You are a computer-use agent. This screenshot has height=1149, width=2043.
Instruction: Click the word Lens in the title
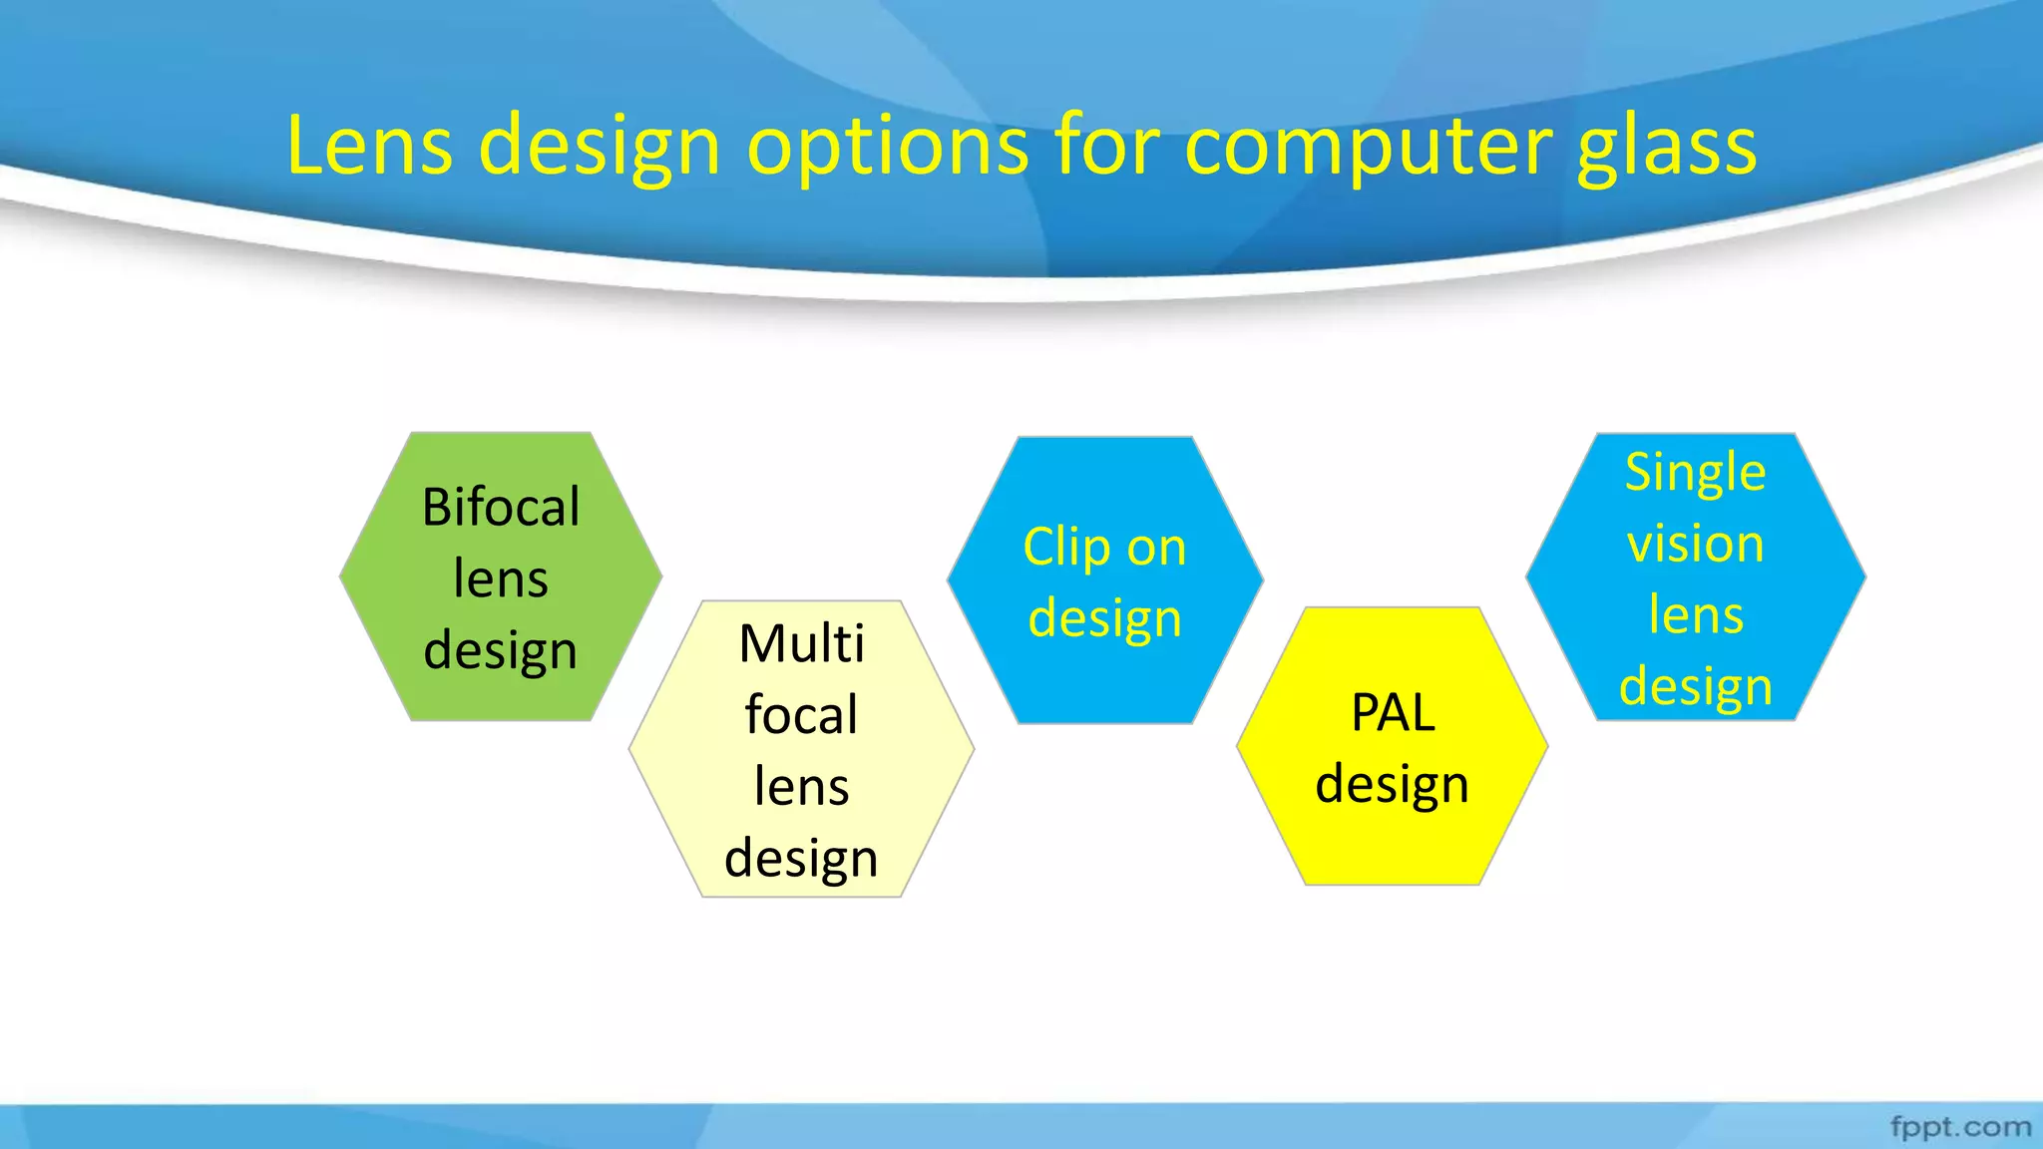coord(369,146)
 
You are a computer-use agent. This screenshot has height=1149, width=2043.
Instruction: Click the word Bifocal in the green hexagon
coord(501,507)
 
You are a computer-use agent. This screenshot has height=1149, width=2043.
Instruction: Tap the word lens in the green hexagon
coord(501,578)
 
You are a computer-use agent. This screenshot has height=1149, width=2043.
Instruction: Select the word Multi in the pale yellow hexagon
coord(802,643)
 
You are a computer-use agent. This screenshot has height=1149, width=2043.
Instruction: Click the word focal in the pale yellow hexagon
coord(802,714)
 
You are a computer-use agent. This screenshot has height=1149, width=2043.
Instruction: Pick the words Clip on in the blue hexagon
coord(1105,548)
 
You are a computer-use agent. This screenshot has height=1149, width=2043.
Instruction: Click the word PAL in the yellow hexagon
coord(1393,712)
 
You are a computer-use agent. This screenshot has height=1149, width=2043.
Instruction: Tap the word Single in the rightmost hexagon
coord(1695,472)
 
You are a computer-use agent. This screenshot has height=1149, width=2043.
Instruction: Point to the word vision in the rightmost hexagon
coord(1695,544)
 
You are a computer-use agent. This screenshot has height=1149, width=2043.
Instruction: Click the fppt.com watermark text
coord(1960,1127)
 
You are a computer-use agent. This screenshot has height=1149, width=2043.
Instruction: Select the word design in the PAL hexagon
coord(1393,785)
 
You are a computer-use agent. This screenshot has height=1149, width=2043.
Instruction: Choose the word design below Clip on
coord(1105,619)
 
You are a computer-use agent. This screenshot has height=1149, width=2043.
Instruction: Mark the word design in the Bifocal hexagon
coord(501,651)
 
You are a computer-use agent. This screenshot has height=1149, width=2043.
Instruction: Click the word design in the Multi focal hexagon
coord(802,859)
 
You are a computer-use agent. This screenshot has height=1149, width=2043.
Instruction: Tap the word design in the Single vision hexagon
coord(1695,687)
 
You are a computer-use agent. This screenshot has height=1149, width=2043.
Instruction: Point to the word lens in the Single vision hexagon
coord(1695,614)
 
